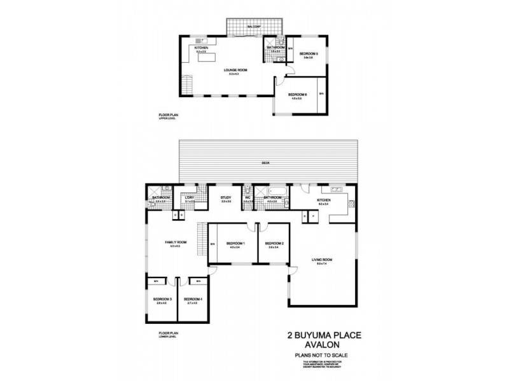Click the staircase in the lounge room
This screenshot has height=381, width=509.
click(x=186, y=84)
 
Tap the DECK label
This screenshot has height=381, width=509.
click(x=265, y=163)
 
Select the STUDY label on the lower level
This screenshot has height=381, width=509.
click(x=225, y=197)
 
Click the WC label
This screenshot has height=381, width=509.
click(x=248, y=197)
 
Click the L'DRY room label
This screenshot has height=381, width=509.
click(x=189, y=197)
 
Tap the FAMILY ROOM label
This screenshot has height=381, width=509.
click(x=176, y=243)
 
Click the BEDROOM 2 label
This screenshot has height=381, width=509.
click(x=274, y=243)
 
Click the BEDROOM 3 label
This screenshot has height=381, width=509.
click(x=162, y=299)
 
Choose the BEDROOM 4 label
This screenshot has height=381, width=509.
click(x=193, y=299)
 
